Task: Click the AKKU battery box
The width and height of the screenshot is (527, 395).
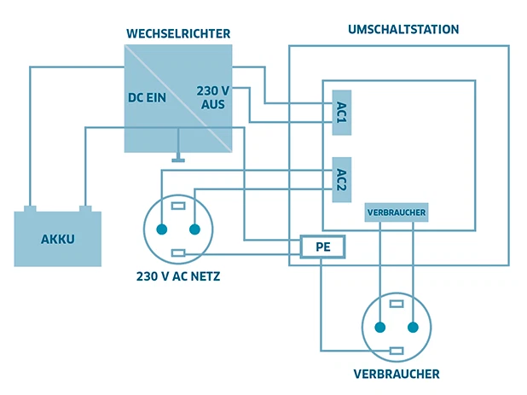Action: [58, 239]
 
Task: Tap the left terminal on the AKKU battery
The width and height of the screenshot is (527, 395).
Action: [30, 208]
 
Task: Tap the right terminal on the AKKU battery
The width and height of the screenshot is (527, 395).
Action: [85, 208]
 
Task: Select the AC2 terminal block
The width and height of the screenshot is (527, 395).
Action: [341, 180]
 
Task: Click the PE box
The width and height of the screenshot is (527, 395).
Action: [321, 247]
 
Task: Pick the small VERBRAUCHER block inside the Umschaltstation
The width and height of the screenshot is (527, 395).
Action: [396, 212]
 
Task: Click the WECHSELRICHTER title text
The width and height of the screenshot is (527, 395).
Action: [177, 33]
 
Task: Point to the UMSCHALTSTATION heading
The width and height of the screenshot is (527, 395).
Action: [403, 29]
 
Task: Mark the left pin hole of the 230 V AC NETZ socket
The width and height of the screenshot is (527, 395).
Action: [162, 229]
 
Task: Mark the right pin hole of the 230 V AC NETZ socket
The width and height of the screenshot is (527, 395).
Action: [194, 229]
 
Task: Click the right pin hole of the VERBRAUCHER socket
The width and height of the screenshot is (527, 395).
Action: [413, 327]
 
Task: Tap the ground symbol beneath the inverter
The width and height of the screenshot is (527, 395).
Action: [178, 158]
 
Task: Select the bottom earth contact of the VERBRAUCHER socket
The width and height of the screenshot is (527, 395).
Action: [397, 351]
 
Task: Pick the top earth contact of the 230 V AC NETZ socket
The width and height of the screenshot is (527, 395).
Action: [178, 206]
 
